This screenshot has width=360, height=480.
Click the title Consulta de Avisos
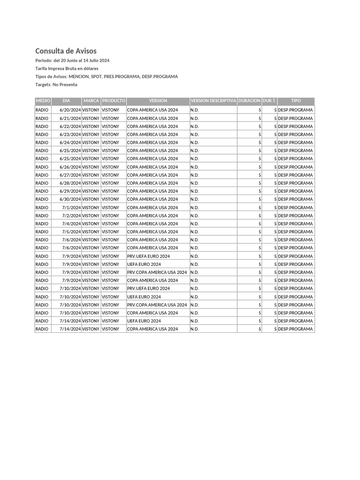click(x=66, y=51)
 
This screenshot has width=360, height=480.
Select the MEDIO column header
click(x=43, y=101)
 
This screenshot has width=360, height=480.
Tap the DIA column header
click(x=66, y=101)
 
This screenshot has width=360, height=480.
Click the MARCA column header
click(x=91, y=101)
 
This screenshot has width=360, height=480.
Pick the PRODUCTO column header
click(x=113, y=101)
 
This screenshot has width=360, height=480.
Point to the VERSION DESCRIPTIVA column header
click(x=213, y=101)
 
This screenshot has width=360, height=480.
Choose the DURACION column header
click(x=249, y=101)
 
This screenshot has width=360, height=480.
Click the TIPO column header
click(x=296, y=101)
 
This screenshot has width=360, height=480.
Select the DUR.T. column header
click(x=270, y=101)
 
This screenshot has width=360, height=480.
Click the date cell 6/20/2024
click(x=70, y=110)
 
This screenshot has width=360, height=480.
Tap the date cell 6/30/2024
click(x=70, y=199)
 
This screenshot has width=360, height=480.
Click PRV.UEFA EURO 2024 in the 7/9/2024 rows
click(x=148, y=256)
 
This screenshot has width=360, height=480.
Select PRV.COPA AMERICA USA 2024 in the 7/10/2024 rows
click(x=157, y=305)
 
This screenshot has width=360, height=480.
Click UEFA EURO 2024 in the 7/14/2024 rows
click(x=144, y=321)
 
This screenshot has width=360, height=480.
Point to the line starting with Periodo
click(x=72, y=60)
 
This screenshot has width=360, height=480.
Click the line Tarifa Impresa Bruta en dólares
click(x=67, y=68)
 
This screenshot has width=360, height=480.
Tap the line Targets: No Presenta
click(x=56, y=85)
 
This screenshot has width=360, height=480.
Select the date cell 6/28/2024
click(x=70, y=183)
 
